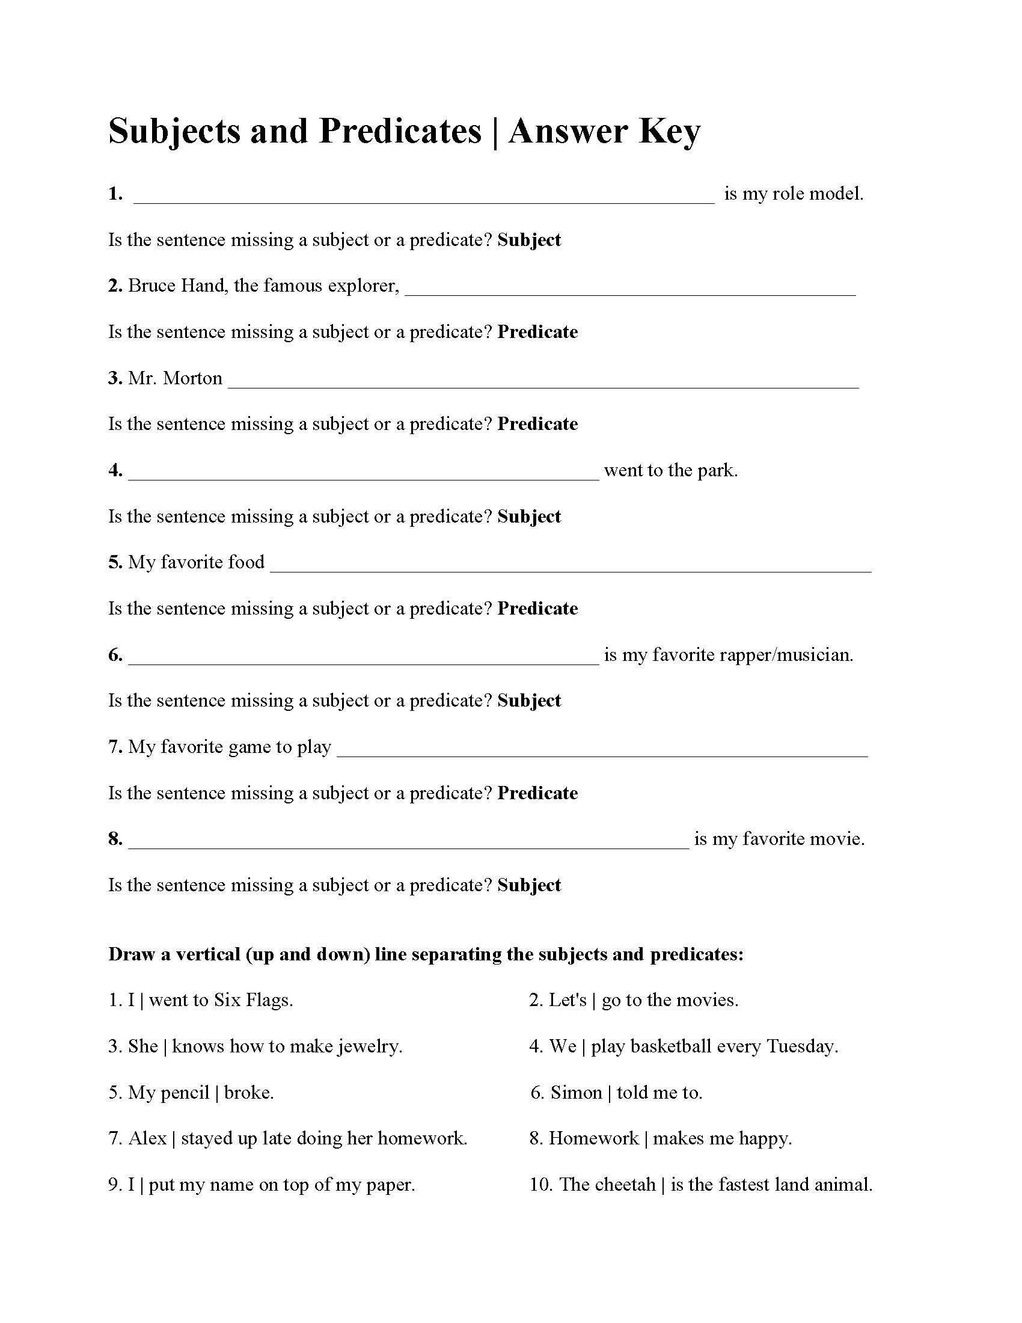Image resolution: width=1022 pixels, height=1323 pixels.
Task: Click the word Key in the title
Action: click(670, 132)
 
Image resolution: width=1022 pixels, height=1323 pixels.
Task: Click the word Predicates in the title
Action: click(400, 132)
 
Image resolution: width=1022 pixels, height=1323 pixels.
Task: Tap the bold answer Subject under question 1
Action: click(529, 240)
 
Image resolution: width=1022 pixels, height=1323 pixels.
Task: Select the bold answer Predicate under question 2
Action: click(537, 332)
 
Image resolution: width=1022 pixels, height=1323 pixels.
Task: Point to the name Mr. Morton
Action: click(175, 378)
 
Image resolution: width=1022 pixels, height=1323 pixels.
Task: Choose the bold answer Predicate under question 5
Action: click(537, 608)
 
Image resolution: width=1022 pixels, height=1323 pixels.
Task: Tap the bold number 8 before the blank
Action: click(115, 839)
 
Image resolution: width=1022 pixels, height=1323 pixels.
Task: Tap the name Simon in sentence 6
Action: click(576, 1093)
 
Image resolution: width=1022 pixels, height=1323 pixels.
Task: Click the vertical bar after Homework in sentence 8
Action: click(646, 1139)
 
